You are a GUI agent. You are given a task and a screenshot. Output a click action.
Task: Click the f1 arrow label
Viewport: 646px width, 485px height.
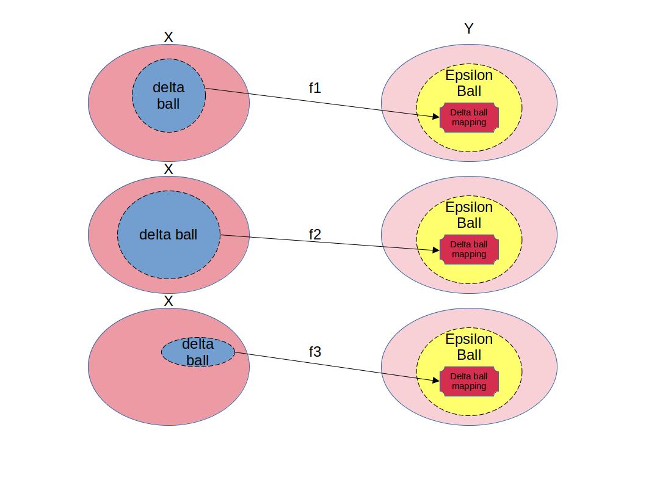tap(314, 88)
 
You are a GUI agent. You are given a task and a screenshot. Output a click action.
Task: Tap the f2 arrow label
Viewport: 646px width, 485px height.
tap(314, 235)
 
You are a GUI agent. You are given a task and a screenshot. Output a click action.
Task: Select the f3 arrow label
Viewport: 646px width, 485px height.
tap(314, 352)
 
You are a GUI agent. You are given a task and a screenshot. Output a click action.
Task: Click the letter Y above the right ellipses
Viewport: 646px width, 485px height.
tap(469, 29)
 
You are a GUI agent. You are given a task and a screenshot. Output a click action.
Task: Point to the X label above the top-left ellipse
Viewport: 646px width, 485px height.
tap(169, 37)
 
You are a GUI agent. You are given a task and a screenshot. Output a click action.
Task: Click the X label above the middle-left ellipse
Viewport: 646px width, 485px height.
tap(169, 169)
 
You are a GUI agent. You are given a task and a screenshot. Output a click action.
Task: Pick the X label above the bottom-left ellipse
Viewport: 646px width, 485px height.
tap(169, 301)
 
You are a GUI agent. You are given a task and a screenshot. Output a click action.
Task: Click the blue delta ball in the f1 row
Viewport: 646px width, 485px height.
tap(169, 95)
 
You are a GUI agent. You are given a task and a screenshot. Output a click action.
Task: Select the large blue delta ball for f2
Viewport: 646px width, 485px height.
tap(169, 235)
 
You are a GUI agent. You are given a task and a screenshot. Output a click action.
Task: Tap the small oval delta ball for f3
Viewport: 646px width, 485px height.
tap(198, 352)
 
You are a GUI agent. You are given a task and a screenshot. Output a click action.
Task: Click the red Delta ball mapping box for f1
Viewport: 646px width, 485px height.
tap(469, 117)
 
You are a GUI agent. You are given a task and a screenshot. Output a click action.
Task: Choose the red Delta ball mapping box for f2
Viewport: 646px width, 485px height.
tap(469, 249)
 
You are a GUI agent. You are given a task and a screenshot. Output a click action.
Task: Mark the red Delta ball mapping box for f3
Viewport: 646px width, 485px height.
tap(469, 381)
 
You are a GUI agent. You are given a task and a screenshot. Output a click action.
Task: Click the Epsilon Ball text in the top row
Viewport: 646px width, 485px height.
tap(469, 83)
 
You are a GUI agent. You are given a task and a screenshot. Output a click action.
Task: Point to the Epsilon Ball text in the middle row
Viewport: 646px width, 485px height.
tap(469, 215)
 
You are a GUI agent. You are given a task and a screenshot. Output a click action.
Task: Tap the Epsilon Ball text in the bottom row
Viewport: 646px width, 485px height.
tap(469, 347)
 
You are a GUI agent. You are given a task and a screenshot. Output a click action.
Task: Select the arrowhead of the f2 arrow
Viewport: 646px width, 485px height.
tap(436, 249)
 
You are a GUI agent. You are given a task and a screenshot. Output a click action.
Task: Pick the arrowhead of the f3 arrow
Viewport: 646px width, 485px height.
tap(436, 381)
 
